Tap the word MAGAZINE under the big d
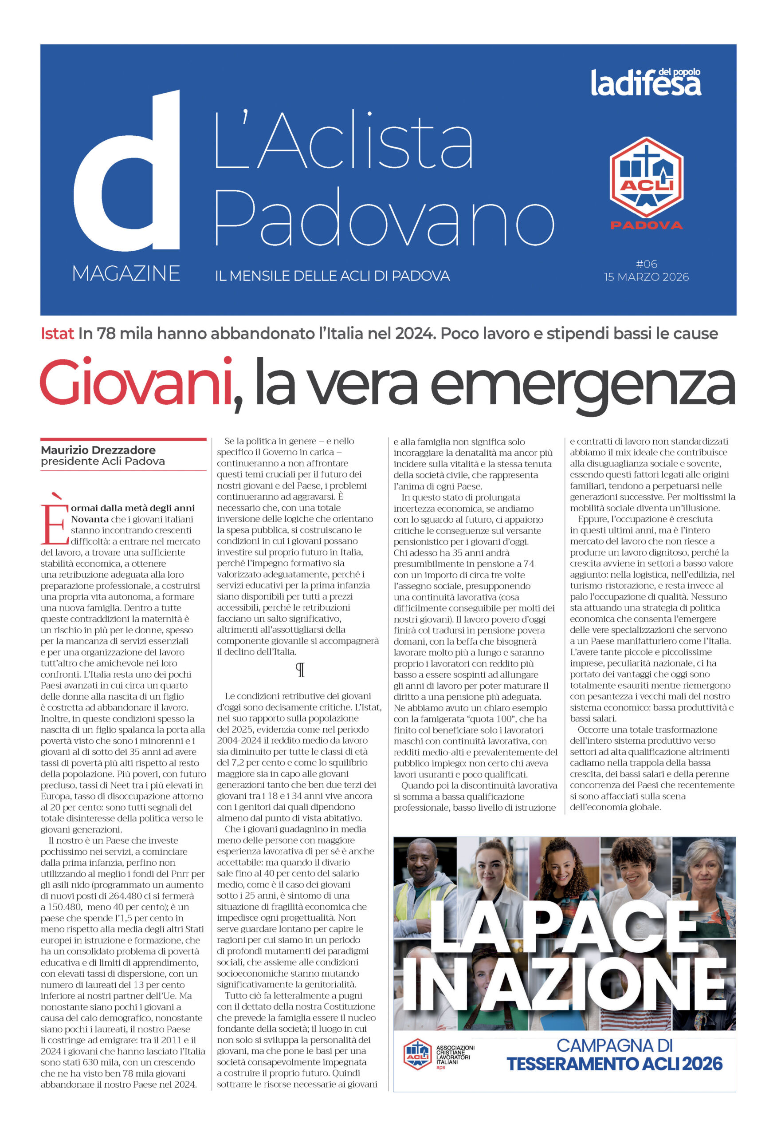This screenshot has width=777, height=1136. [x=126, y=273]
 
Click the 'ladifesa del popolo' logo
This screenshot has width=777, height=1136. [x=646, y=82]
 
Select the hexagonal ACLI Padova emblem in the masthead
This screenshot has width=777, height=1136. [x=646, y=178]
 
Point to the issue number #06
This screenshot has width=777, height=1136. [x=646, y=264]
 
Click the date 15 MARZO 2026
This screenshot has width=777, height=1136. [x=646, y=277]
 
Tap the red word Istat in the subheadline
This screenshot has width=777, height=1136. [x=57, y=334]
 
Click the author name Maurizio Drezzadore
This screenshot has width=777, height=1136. [x=98, y=450]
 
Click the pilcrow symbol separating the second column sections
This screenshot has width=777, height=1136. [x=300, y=670]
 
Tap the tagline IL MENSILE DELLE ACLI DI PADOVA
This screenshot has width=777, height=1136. [x=332, y=276]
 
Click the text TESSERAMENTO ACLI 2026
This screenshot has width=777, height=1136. [x=614, y=1064]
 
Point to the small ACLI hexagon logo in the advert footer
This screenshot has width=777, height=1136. [x=417, y=1054]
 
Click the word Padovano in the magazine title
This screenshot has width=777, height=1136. [x=384, y=217]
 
